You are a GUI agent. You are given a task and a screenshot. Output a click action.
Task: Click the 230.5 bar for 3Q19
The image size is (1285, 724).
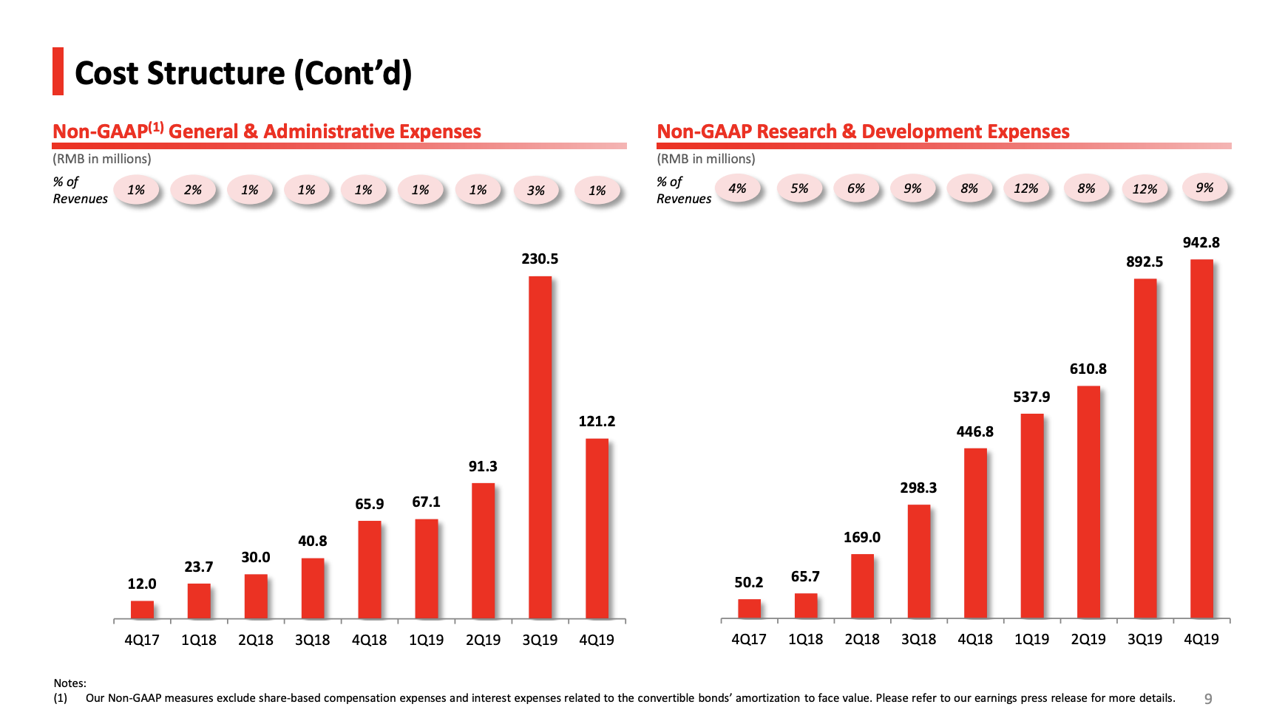pos(540,447)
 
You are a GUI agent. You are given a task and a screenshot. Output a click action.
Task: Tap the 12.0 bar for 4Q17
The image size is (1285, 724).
pos(142,609)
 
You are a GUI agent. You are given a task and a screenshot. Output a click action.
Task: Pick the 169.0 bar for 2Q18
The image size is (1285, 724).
pos(862,586)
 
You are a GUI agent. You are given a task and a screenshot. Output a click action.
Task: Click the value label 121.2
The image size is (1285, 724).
pos(597,421)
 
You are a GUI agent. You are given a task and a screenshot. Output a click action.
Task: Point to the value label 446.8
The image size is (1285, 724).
pos(974,431)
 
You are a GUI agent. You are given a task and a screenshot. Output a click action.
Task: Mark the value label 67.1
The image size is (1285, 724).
pos(426,502)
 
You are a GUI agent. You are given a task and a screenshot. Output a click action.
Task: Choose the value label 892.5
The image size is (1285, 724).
pos(1145,262)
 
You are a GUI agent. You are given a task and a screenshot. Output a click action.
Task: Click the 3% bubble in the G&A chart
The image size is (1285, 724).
pos(536,191)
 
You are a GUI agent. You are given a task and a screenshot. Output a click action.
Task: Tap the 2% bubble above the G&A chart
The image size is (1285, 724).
pos(193,190)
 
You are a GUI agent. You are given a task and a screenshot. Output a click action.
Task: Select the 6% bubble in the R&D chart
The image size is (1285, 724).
pos(856,188)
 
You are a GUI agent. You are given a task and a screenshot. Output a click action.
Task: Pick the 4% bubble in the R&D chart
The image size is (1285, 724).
pos(737,188)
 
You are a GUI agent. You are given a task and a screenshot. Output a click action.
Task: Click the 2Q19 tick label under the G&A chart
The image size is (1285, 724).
pos(483,640)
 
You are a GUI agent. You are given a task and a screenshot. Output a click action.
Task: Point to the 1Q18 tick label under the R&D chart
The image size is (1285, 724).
pos(805,639)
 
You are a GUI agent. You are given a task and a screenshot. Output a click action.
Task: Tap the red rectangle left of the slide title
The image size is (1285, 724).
pos(58,72)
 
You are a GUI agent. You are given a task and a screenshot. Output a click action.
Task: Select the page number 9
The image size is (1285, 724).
pos(1208,699)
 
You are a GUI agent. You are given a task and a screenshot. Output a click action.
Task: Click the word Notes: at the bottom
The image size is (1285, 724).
pos(69,683)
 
